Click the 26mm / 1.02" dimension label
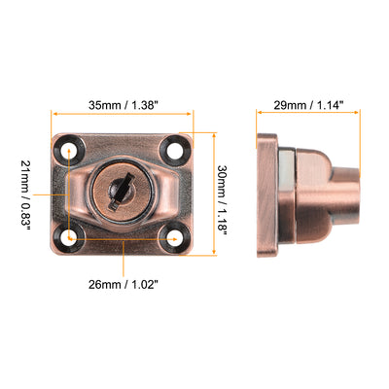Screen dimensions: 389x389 [123, 285]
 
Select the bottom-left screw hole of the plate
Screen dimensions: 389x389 [70, 235]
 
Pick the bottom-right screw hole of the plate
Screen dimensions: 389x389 [175, 235]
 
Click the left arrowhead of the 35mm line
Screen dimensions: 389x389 [54, 116]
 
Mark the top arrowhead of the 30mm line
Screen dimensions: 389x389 [208, 135]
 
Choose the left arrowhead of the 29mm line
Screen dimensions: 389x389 [259, 116]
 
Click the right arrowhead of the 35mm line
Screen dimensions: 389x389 [191, 116]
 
